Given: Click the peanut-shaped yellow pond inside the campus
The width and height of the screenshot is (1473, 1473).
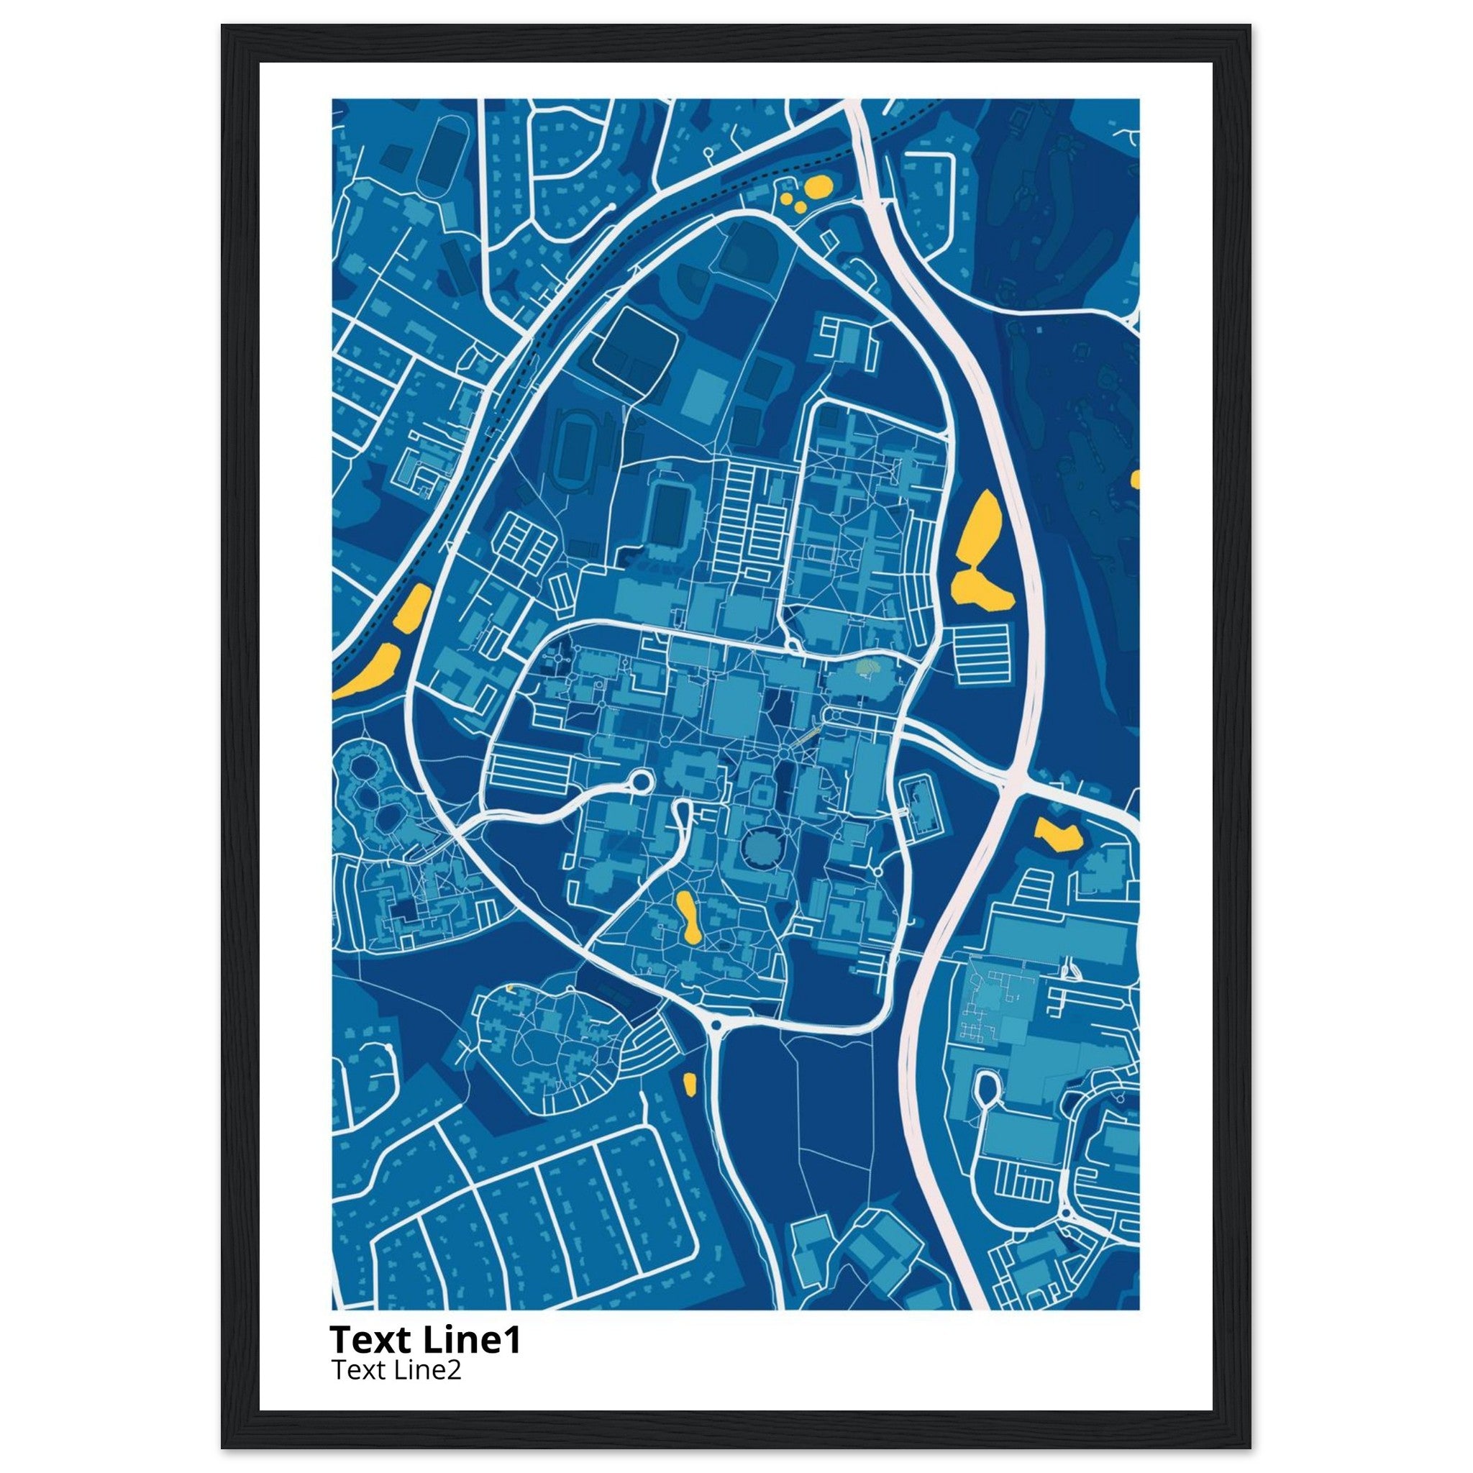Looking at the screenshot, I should [688, 917].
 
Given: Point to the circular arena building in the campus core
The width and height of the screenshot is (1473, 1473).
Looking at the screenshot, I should [760, 847].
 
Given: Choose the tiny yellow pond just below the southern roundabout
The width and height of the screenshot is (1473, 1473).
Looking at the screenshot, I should [689, 1083].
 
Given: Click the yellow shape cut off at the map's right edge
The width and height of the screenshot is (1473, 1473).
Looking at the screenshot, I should [1135, 479].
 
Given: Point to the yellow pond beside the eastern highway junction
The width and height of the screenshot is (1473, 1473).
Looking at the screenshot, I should [1059, 834].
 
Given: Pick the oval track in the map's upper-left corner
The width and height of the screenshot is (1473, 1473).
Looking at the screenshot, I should [437, 158].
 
